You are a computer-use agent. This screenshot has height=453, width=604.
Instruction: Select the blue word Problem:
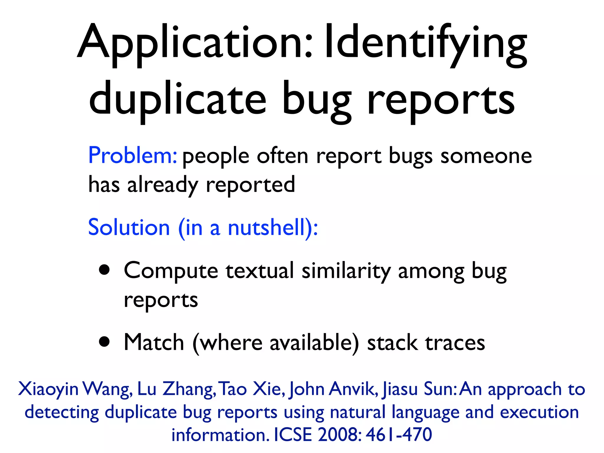pyautogui.click(x=132, y=155)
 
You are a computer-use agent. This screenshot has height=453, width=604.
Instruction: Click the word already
pyautogui.click(x=163, y=185)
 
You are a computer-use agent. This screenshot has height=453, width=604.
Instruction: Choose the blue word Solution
pyautogui.click(x=129, y=227)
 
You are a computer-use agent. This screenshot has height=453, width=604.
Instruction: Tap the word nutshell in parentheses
pyautogui.click(x=266, y=227)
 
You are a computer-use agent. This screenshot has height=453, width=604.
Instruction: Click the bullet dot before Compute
pyautogui.click(x=104, y=270)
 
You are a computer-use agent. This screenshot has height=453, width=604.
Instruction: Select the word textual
pyautogui.click(x=260, y=270)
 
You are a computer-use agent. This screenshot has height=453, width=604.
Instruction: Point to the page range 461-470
pyautogui.click(x=399, y=434)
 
